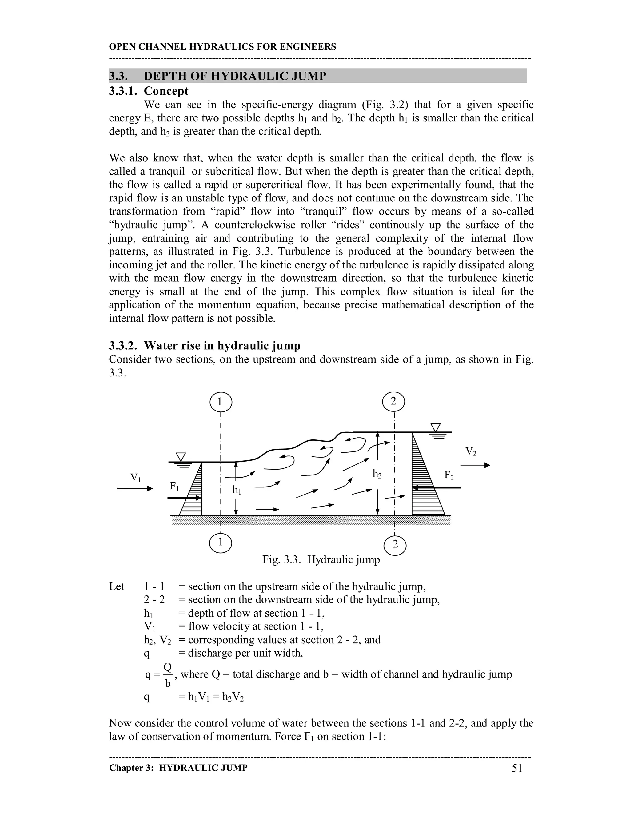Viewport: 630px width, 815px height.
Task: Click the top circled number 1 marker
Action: click(x=221, y=402)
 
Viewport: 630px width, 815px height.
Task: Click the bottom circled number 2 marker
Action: click(x=395, y=545)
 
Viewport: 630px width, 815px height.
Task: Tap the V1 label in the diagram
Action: click(x=135, y=477)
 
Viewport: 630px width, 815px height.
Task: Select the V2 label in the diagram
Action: click(x=471, y=451)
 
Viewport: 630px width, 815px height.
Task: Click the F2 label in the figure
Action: click(x=449, y=475)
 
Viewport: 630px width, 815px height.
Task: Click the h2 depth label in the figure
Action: click(x=377, y=474)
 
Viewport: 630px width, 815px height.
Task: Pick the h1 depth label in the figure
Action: click(x=237, y=490)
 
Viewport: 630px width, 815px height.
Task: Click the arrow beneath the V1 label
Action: click(x=135, y=488)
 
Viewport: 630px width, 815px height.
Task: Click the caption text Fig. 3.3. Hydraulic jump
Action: click(x=321, y=560)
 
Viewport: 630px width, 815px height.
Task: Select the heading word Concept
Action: click(x=166, y=91)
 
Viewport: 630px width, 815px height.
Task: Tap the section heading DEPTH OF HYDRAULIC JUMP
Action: click(x=235, y=76)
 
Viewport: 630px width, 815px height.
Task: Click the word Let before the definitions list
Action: click(x=117, y=586)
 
